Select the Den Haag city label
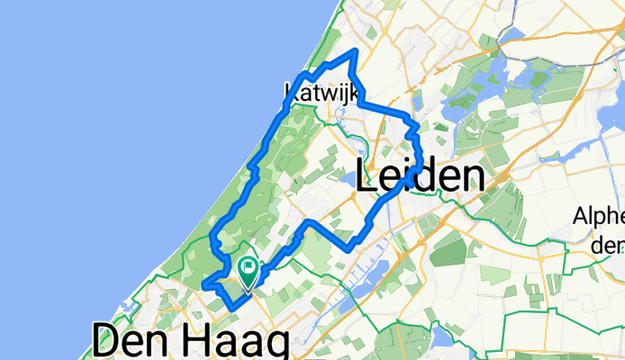click(190, 343)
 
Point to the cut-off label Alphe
click(600, 219)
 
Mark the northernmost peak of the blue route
click(357, 50)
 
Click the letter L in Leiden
click(368, 176)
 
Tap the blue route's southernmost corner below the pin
click(232, 308)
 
